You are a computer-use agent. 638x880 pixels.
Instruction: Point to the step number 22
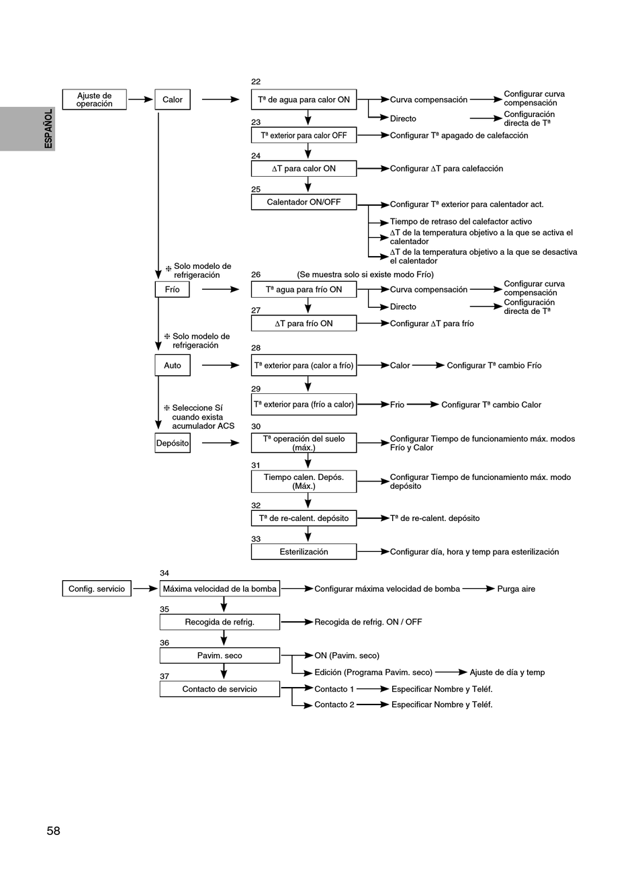(256, 82)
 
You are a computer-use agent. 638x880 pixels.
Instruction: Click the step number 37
(165, 676)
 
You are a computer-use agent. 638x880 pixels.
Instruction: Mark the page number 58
(53, 830)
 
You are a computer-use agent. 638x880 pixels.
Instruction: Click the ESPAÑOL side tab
(28, 129)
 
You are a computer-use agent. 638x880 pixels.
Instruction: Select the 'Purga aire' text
(516, 588)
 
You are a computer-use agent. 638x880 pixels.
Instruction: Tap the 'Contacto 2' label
(334, 705)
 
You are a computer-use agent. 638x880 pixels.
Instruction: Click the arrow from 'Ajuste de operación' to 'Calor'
(140, 99)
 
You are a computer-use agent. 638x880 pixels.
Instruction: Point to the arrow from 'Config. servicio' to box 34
(146, 588)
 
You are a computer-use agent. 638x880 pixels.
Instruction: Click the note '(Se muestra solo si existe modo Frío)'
(365, 274)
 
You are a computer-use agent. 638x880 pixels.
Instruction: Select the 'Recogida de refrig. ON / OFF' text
(368, 622)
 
